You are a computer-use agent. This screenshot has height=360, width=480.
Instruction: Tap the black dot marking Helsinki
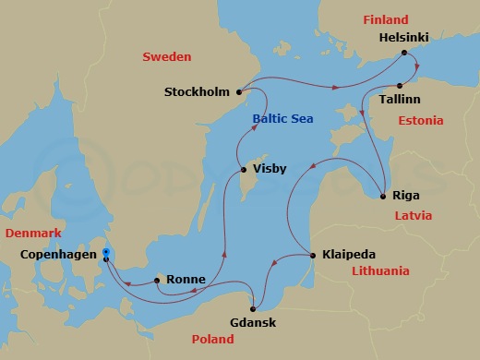pos(403,54)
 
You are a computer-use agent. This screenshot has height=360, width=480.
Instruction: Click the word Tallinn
pos(402,98)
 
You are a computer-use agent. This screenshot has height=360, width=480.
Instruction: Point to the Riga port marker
pos(383,195)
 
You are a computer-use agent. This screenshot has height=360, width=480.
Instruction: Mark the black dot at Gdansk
pos(254,308)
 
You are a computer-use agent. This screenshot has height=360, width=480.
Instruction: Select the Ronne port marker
pos(157,279)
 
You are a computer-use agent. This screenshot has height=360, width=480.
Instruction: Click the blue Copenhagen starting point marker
pos(106,252)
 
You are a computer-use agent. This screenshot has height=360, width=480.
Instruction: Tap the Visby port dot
pos(243,169)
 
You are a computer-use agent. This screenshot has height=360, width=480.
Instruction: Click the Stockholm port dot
pos(239,91)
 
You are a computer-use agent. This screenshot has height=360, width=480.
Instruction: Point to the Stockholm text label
pos(197,92)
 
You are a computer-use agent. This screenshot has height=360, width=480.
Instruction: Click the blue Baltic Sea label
pos(282,119)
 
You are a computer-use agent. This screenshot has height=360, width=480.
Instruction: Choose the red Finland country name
pos(385,18)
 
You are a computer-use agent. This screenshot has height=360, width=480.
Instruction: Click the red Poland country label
pos(212,340)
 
